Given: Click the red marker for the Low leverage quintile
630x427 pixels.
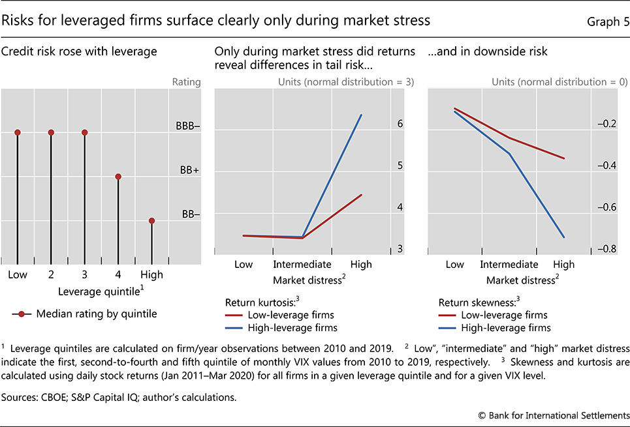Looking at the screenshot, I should tap(18, 132).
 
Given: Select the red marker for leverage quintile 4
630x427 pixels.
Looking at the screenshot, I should tap(118, 177).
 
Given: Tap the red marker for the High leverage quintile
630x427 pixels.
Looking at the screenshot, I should tap(151, 220).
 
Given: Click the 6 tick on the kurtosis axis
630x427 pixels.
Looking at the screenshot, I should tap(400, 124).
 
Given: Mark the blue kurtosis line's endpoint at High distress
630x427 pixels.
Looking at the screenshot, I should tap(361, 115).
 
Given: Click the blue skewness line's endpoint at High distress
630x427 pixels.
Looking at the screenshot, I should tap(563, 237).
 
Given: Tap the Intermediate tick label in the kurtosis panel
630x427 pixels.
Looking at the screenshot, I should tap(302, 265).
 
